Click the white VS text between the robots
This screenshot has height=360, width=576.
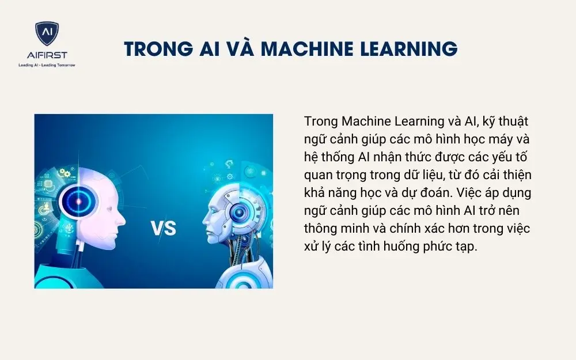[x=163, y=229]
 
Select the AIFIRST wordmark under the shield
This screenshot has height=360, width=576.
[x=47, y=55]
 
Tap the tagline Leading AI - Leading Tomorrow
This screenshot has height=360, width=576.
[x=47, y=65]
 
